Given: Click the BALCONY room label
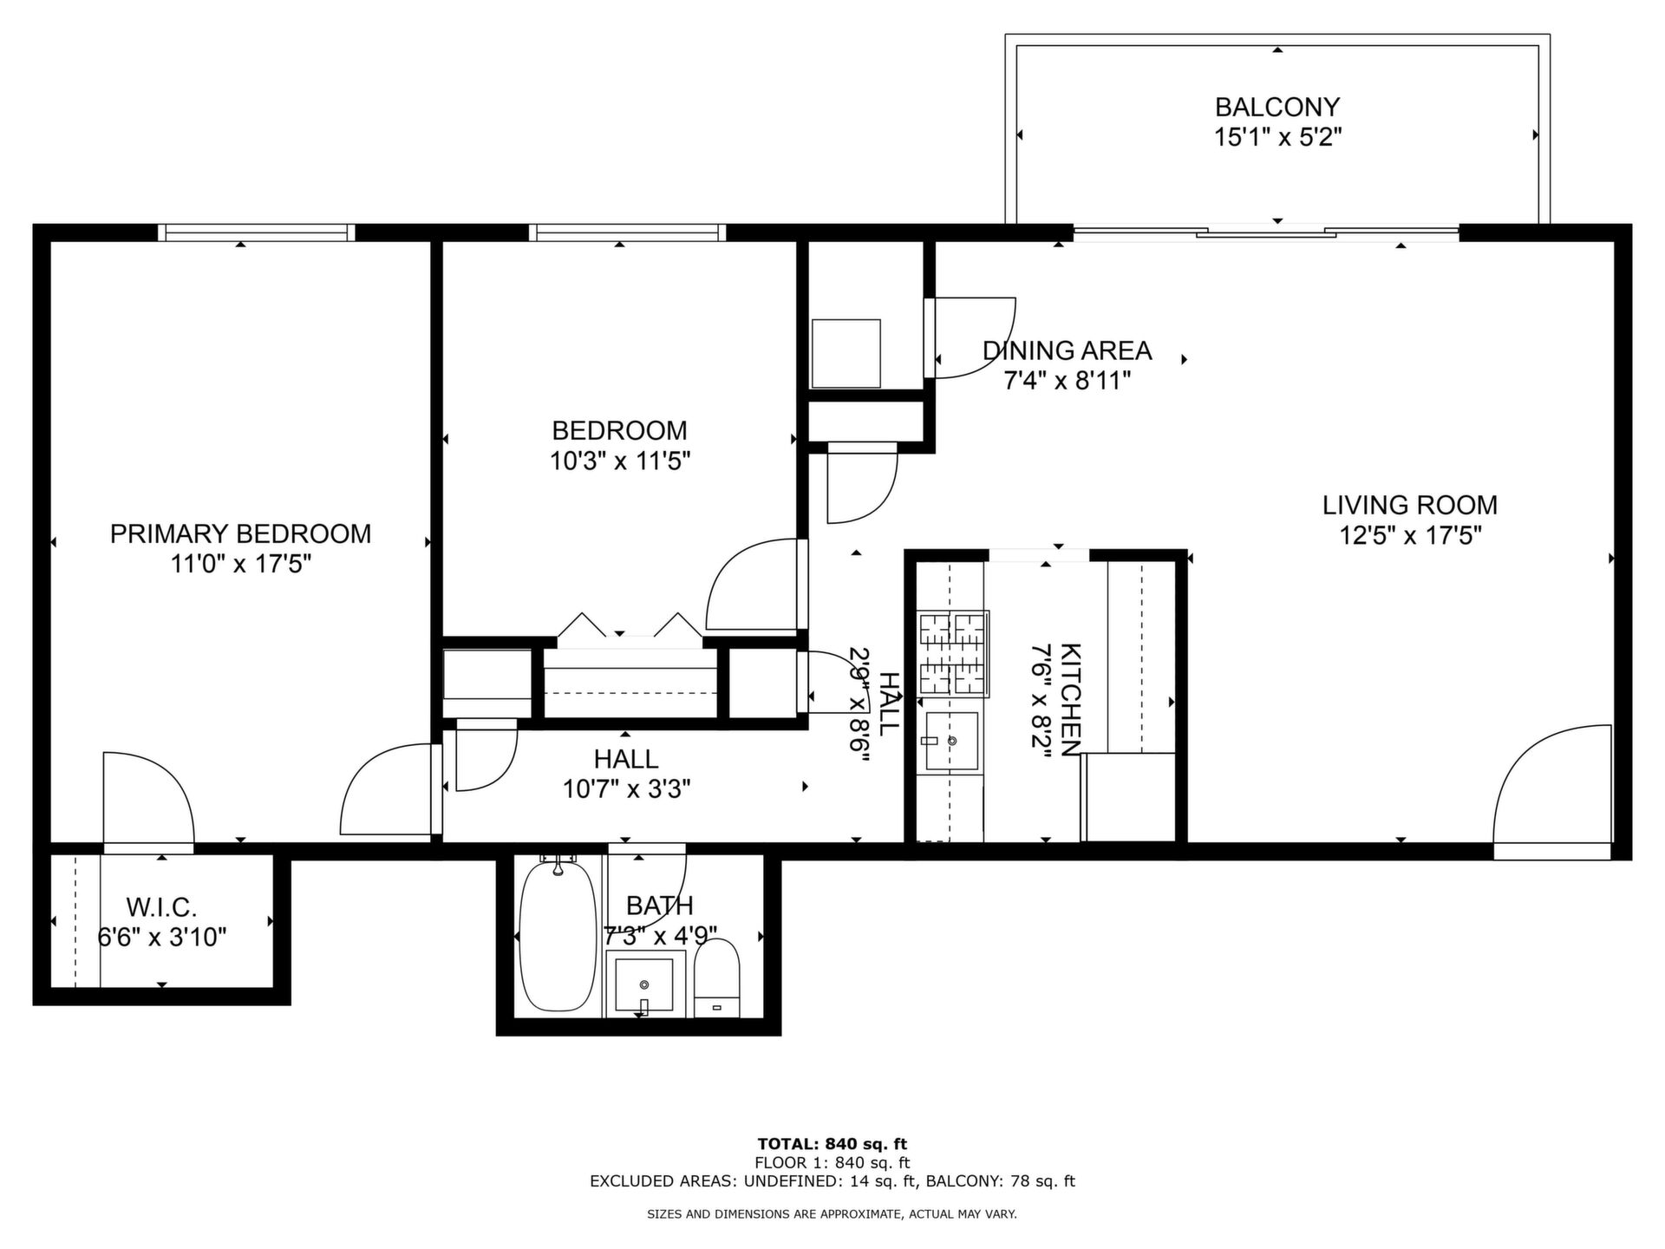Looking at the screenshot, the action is click(1277, 107).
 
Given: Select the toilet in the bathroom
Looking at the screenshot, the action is click(717, 978).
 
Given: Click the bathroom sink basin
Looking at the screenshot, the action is click(644, 985).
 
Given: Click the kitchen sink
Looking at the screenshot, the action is click(951, 742).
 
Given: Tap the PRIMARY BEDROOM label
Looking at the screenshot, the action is click(240, 533).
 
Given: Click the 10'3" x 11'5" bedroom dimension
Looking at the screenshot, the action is click(620, 461).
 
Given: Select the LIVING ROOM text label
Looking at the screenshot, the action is click(1410, 505).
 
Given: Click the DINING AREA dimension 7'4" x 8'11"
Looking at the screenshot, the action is click(1067, 381).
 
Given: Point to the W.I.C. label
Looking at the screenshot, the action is click(162, 907).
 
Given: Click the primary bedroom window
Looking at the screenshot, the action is click(257, 232).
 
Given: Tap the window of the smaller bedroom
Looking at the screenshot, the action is click(627, 232).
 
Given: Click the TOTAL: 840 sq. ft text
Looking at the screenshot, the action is click(832, 1144).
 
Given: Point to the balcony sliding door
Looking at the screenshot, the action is click(1266, 232).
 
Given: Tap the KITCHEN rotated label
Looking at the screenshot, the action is click(1071, 700).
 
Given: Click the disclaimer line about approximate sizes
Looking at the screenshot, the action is click(832, 1214).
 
